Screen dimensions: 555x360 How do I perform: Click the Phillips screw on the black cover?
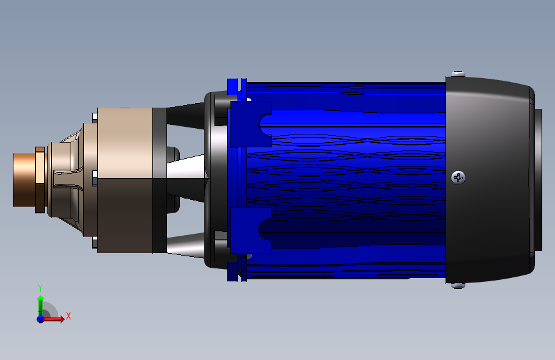click(458, 177)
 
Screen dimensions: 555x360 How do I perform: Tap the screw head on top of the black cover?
click(458, 74)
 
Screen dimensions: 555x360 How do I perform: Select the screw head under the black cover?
click(458, 285)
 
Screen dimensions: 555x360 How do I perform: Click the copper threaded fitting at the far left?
click(24, 179)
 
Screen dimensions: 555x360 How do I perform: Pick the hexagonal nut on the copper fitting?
click(40, 180)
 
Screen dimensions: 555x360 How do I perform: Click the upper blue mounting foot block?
click(251, 124)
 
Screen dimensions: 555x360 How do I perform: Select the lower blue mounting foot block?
click(251, 231)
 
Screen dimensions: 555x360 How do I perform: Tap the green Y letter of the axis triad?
click(40, 288)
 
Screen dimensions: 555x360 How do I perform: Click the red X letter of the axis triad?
click(68, 316)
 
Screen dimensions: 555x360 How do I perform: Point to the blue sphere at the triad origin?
click(41, 319)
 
